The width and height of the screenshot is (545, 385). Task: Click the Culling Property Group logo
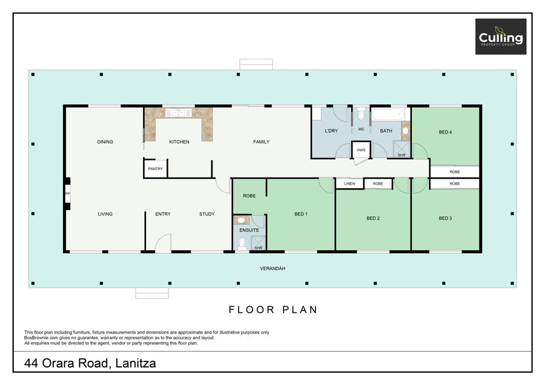pos(501,36)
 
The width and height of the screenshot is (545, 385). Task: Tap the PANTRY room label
pos(156,169)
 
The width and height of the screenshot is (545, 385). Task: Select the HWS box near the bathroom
pos(361,150)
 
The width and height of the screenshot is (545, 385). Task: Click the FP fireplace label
pos(67,194)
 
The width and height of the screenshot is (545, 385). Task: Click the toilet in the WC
pos(361,113)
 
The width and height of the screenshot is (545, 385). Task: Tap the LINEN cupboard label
pos(349,184)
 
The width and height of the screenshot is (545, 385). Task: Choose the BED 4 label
pos(445,132)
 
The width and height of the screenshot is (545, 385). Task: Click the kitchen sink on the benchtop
pos(178,113)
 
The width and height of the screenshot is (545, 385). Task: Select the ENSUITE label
pos(249,230)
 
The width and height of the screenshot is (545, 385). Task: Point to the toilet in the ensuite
pos(242,243)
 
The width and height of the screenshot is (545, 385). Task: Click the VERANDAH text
pos(272,269)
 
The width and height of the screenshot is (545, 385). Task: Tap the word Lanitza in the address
pos(136,363)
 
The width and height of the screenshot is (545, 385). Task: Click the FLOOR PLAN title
pos(273,309)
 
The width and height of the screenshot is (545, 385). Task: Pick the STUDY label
pos(207,214)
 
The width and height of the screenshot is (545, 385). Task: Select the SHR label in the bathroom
pos(401,156)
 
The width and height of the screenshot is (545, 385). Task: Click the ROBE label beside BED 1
pos(249,196)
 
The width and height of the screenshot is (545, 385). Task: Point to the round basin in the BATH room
pos(405,131)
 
